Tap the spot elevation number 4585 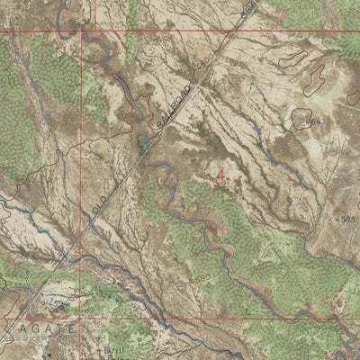(x=344, y=219)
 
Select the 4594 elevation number (x=57, y=302)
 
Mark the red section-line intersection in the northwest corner (x=81, y=31)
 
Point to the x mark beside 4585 (x=330, y=219)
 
